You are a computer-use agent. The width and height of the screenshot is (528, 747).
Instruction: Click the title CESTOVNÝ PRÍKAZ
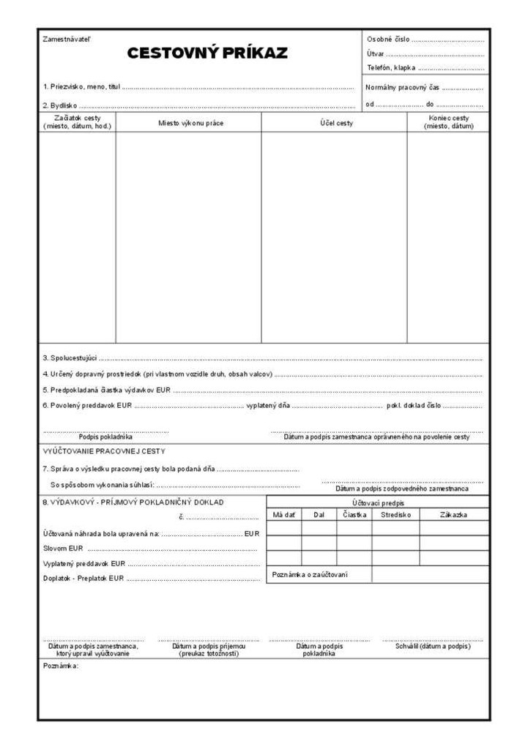click(207, 53)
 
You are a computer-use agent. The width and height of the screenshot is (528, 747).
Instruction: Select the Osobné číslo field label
click(388, 39)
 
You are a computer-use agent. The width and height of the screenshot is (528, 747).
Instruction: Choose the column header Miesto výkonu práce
click(191, 123)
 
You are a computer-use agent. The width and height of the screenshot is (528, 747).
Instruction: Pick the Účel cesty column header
click(336, 123)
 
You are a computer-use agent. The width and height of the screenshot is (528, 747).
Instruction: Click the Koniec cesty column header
click(449, 122)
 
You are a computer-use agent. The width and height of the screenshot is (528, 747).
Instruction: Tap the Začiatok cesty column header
click(77, 122)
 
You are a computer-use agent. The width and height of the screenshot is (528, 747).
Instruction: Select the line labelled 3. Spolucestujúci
click(70, 358)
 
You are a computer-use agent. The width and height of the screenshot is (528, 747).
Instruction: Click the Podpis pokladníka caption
click(105, 437)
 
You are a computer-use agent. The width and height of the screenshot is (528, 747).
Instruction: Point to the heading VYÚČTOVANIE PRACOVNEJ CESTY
click(104, 451)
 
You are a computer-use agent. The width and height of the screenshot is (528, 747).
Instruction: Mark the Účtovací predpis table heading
click(377, 503)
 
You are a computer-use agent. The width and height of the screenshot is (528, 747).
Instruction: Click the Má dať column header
click(283, 515)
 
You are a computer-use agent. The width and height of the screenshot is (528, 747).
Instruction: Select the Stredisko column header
click(395, 515)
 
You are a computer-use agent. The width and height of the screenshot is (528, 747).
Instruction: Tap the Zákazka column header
click(454, 515)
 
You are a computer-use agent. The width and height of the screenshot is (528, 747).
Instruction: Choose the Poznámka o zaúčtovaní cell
click(310, 575)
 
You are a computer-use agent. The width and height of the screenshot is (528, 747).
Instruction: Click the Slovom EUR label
click(63, 548)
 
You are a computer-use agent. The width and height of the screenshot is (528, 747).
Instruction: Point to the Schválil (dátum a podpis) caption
click(433, 647)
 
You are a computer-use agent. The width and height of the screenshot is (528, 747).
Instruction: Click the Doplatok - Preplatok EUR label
click(82, 579)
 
